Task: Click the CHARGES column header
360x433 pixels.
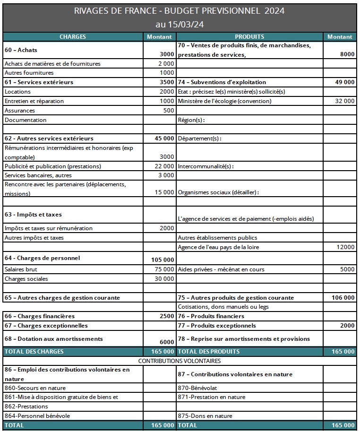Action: [73, 36]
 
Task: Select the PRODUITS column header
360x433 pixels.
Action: [249, 36]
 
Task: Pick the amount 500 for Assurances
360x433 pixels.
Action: [168, 111]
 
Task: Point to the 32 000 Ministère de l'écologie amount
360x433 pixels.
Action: [345, 101]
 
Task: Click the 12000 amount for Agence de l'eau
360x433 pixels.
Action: [346, 247]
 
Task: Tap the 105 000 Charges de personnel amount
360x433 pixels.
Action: [163, 260]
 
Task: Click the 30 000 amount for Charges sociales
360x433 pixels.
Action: [165, 279]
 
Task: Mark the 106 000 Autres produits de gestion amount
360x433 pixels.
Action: [343, 298]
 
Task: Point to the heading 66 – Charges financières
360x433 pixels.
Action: [40, 316]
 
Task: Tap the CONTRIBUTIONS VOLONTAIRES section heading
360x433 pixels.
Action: [180, 361]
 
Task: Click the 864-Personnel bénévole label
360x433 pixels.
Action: [31, 416]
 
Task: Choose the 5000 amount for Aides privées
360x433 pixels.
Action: [347, 269]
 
